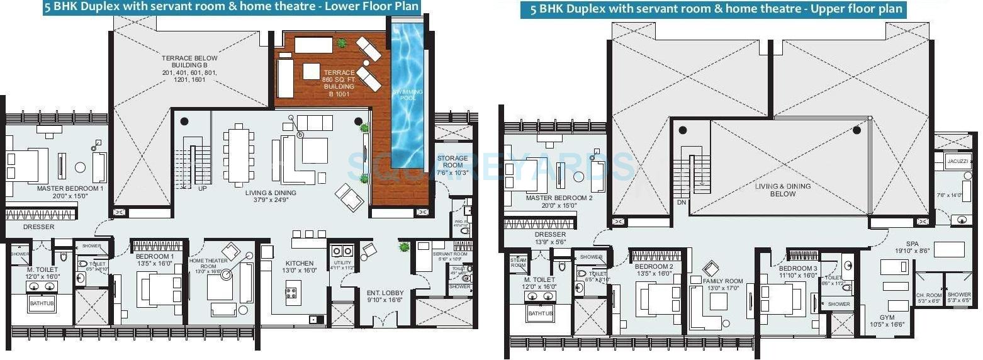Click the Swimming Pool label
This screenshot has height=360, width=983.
pyautogui.click(x=408, y=95)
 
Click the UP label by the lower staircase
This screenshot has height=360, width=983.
pyautogui.click(x=202, y=188)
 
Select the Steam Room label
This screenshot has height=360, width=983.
pyautogui.click(x=518, y=262)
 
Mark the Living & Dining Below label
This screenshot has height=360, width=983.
pyautogui.click(x=782, y=190)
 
